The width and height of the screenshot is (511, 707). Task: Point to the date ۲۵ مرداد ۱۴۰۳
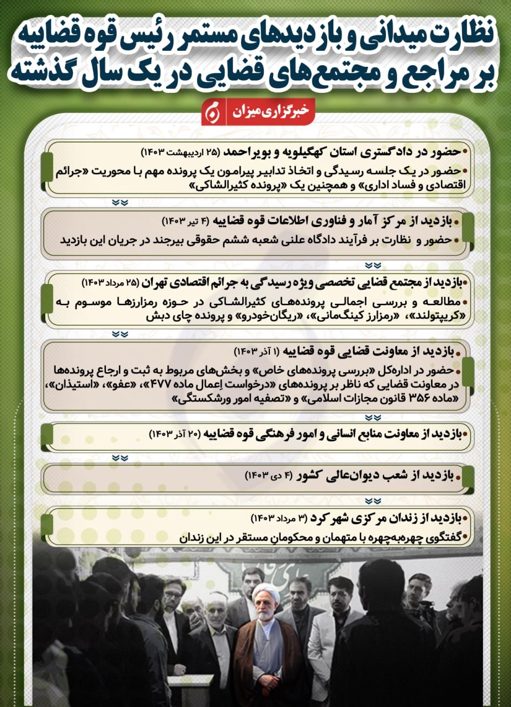(x=110, y=283)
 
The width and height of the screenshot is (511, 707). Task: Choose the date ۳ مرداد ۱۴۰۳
(x=280, y=519)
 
